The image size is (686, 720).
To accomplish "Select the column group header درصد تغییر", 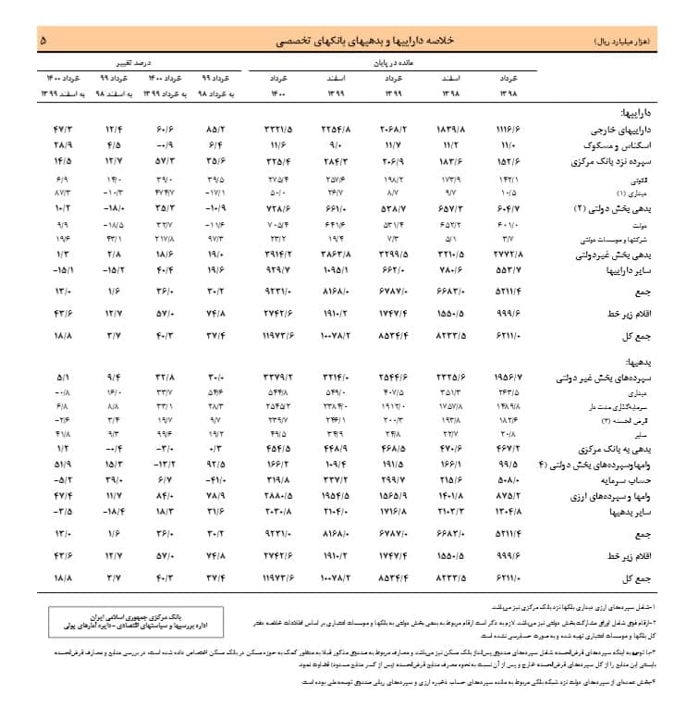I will pyautogui.click(x=136, y=61).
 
